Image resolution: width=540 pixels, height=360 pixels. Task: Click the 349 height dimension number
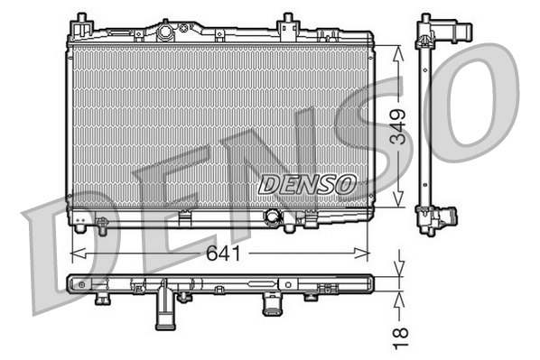pos(397,126)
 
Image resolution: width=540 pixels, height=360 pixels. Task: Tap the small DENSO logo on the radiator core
pos(307,183)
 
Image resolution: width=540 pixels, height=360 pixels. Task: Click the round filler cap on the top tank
pos(165,32)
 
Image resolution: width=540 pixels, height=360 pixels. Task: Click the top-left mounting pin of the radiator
pos(81,21)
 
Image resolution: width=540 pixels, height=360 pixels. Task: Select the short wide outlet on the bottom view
pos(271,304)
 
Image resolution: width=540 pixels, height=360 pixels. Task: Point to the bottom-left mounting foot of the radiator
pos(81,219)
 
